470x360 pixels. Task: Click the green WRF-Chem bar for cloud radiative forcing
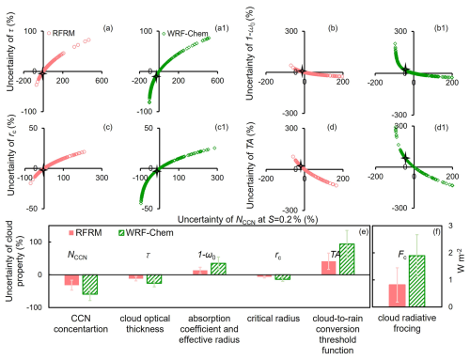[416, 281]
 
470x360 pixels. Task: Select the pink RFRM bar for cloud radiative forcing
[397, 295]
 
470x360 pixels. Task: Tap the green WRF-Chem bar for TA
[347, 259]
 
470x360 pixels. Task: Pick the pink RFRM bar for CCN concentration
[71, 280]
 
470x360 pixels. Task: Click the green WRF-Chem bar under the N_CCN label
[90, 285]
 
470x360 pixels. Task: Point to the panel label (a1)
[222, 28]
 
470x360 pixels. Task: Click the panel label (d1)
[441, 128]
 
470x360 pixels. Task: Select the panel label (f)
[436, 232]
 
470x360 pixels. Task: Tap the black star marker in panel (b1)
[405, 70]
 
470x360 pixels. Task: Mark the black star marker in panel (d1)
[405, 157]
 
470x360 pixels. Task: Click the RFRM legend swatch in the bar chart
[71, 233]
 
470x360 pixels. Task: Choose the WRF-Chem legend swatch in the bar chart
[121, 233]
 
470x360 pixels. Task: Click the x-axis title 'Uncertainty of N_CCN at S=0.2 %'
[248, 219]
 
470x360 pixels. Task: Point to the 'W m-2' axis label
[461, 260]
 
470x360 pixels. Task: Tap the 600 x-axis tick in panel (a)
[102, 81]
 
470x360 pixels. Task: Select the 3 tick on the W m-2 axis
[450, 226]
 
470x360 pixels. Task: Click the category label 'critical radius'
[274, 319]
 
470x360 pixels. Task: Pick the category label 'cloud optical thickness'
[145, 323]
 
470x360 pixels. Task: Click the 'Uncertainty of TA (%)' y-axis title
[250, 165]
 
